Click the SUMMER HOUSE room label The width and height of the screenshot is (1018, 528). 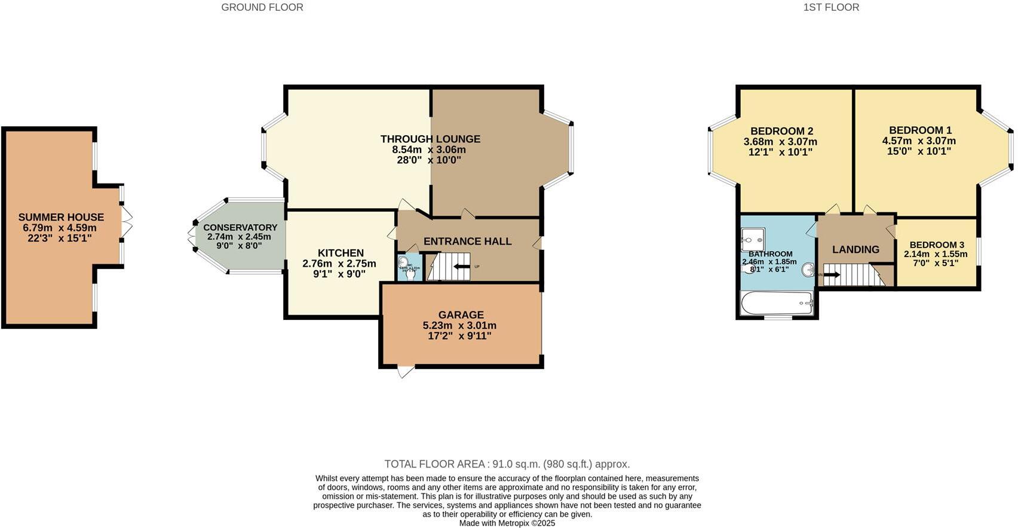coord(61,217)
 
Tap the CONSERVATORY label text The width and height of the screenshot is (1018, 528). coord(240,228)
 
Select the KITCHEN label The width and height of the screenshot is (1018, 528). coord(341,253)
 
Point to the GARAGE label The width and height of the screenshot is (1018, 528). coord(461,315)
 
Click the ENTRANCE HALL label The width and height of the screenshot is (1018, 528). coord(467,241)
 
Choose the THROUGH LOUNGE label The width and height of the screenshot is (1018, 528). coord(430,139)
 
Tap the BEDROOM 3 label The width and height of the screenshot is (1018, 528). coord(936,245)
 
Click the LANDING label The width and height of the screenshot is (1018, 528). coord(856,249)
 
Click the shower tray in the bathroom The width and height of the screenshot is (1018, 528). coord(753,240)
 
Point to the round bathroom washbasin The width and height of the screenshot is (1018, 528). coord(808,270)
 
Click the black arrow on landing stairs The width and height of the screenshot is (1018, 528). coord(832,275)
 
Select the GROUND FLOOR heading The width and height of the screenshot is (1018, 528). coord(262,7)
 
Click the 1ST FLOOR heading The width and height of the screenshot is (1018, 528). coord(831,7)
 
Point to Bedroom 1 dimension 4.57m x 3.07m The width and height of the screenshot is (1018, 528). coord(919,141)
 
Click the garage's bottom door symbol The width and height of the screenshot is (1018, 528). coord(406,371)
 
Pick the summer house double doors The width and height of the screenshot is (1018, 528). coord(127,222)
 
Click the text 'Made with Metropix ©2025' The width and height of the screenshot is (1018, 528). coord(507,523)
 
